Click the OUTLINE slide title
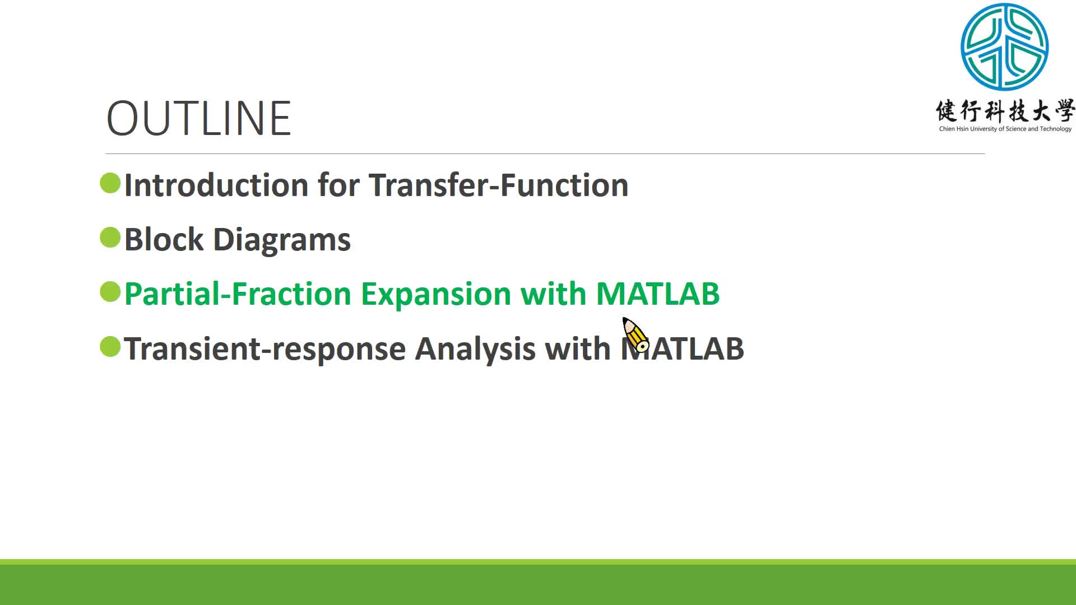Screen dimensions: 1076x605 point(199,118)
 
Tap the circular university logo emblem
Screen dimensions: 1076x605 point(1004,47)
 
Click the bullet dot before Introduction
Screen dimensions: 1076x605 point(110,183)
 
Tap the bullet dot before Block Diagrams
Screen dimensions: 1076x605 point(110,238)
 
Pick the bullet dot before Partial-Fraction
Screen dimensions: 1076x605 point(110,292)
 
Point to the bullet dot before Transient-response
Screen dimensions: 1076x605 point(110,346)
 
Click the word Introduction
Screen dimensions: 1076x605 point(216,185)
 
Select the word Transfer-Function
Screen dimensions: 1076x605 point(499,185)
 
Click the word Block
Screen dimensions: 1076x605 point(164,239)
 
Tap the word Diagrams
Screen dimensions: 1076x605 point(282,241)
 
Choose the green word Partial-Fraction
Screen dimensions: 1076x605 point(238,294)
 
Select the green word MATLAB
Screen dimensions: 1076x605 point(658,294)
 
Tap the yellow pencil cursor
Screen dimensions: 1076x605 point(636,335)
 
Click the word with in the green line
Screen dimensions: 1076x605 point(554,294)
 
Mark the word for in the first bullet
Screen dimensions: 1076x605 point(338,185)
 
